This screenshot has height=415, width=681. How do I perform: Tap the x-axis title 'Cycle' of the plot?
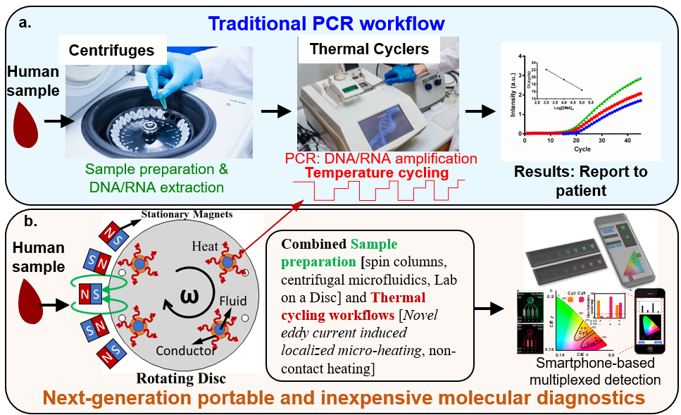[x=582, y=150]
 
